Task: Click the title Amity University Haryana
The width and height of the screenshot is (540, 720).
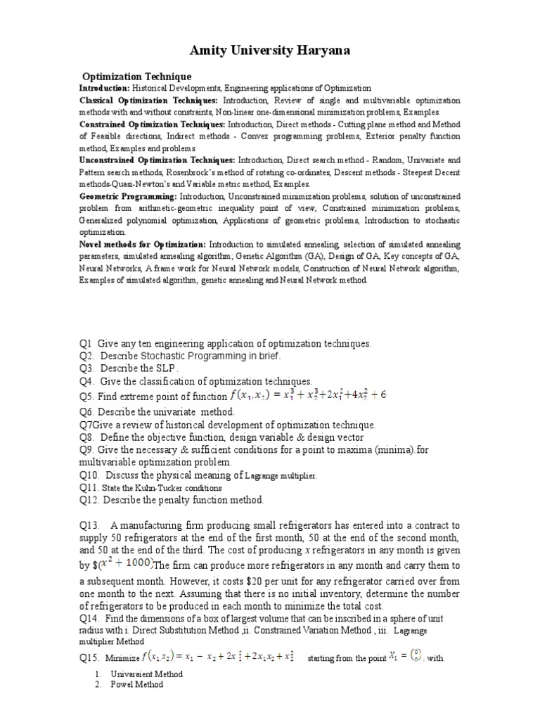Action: coord(269,51)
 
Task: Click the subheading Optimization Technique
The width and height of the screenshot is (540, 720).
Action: coord(137,76)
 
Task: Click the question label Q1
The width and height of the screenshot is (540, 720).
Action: coord(86,343)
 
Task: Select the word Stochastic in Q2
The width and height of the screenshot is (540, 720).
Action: coord(160,356)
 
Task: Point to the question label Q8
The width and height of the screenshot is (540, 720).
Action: coord(86,437)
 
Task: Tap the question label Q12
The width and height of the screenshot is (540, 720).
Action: coord(89,500)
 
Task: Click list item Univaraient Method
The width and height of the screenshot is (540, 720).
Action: coord(146,674)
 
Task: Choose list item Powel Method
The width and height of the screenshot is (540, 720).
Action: coord(136,684)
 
